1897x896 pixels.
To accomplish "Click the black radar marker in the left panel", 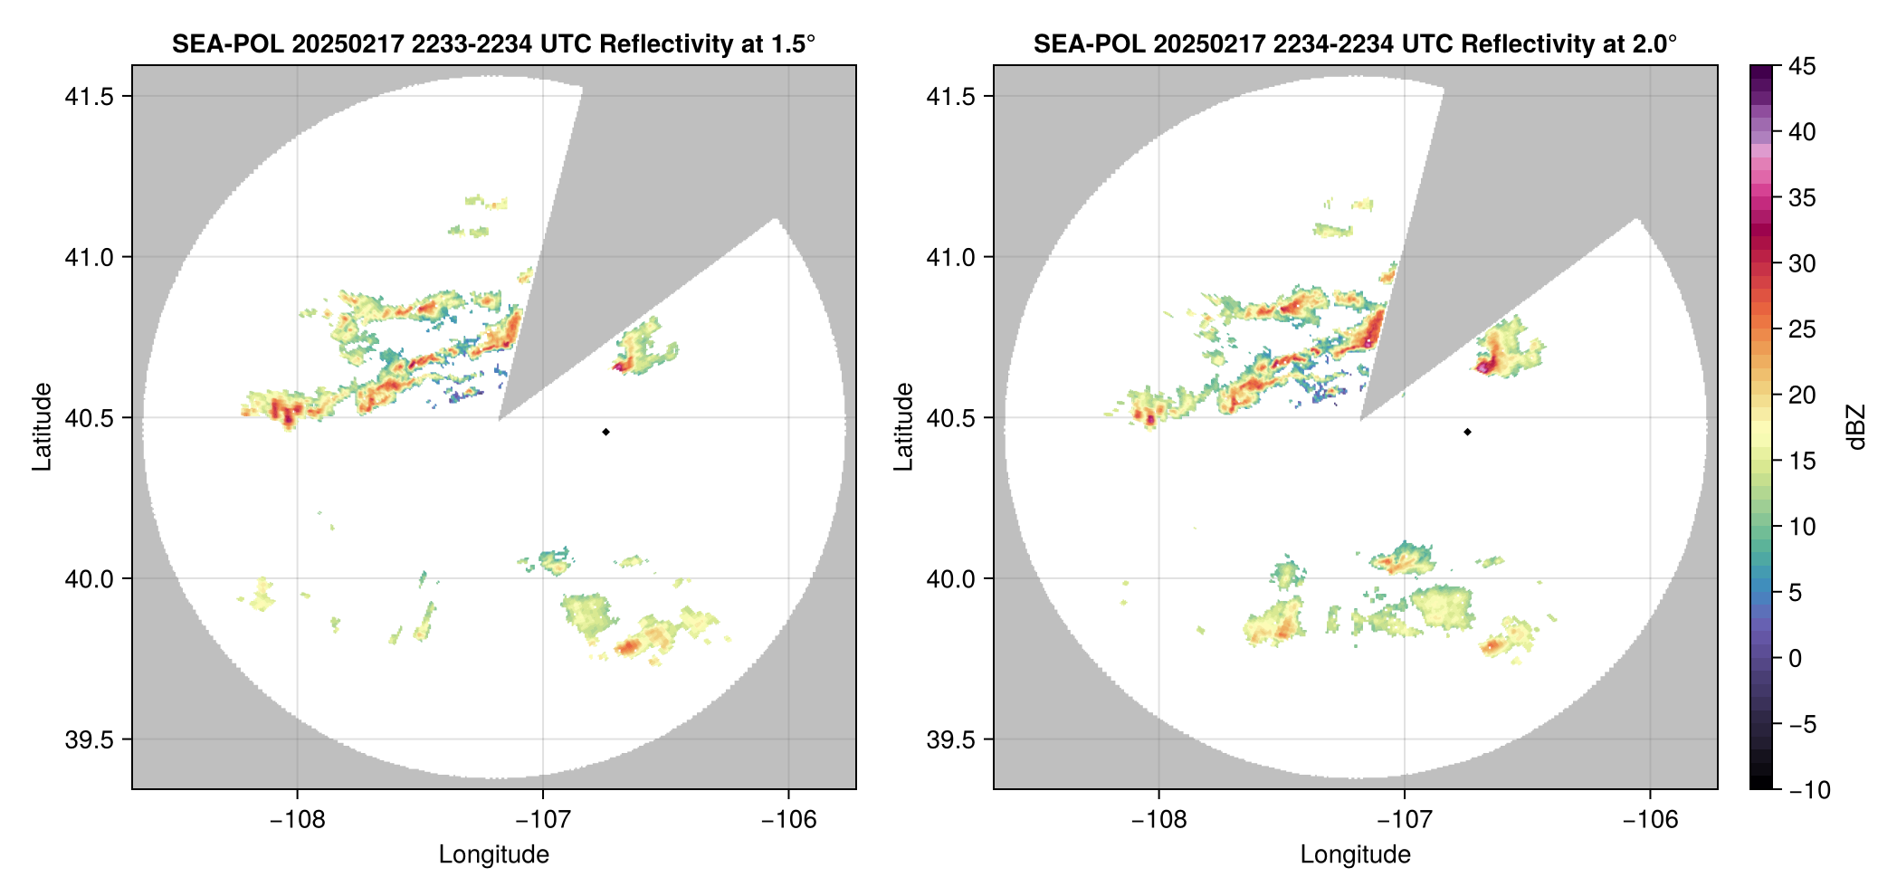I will coord(605,432).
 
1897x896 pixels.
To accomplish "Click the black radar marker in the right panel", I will coord(1467,432).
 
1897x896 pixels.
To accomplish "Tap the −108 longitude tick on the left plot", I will coord(297,820).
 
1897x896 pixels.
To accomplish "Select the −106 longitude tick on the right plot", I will coord(1650,820).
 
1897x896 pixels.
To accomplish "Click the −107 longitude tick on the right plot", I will coord(1404,820).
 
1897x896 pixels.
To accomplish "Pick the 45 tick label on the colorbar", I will coord(1802,66).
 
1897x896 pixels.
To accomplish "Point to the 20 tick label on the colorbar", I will coord(1802,396).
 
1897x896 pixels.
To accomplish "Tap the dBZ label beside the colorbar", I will coord(1855,427).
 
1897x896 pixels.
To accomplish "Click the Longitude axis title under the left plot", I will coord(493,854).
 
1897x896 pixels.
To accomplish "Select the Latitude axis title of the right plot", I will coord(903,426).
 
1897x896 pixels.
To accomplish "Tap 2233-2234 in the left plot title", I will coord(472,43).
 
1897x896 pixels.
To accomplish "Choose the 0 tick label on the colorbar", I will coord(1796,659).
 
